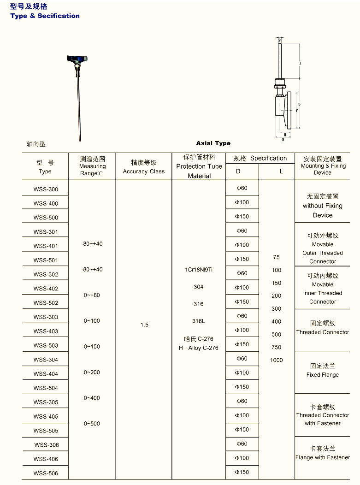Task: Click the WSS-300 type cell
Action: pos(46,189)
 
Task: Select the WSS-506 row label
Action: pos(46,473)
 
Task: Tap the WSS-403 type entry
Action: pos(46,331)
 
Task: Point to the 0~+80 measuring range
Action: pos(92,295)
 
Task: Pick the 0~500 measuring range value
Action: pos(92,424)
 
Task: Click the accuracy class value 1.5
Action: pos(144,325)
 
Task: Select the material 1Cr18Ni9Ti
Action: pos(199,270)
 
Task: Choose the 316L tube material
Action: pos(199,321)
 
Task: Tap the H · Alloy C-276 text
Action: pos(199,348)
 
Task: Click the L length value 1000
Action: pos(277,360)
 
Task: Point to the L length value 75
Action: pos(276,257)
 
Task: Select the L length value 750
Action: pos(277,347)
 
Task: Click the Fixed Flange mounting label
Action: pos(323,375)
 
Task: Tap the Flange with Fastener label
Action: pos(323,457)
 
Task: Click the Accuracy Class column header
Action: pos(144,172)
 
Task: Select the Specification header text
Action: pos(268,158)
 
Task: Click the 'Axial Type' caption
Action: pos(213,143)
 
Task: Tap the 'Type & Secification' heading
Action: pos(45,16)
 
